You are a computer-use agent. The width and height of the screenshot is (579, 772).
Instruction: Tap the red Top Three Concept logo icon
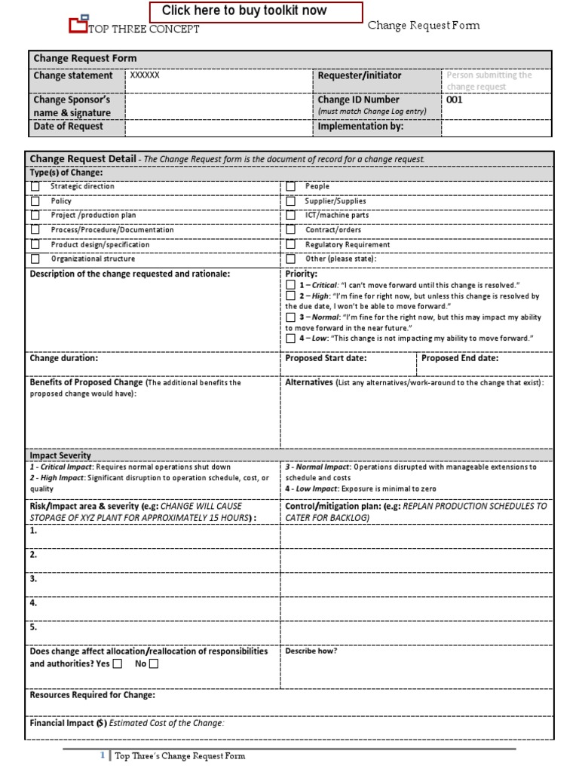78,25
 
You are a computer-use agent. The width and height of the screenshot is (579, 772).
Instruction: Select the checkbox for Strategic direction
35,186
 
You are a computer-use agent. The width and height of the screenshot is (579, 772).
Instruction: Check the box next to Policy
35,201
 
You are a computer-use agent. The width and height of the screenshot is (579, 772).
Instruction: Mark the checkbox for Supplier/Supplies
290,201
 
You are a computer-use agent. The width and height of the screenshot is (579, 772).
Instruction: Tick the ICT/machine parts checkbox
290,216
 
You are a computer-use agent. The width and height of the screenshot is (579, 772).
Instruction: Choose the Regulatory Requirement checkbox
290,244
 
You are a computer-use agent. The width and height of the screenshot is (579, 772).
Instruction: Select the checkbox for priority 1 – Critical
291,286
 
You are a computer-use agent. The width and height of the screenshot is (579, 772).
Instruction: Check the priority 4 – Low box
291,339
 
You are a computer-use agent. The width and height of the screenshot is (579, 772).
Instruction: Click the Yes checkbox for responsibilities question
117,664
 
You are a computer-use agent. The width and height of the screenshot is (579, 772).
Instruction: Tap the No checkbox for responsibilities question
154,664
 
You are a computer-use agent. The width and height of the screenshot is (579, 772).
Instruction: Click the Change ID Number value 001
455,100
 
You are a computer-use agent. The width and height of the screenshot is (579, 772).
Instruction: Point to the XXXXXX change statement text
145,75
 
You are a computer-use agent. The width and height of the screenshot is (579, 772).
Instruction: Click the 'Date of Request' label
69,127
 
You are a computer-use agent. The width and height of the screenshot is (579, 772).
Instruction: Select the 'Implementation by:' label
360,127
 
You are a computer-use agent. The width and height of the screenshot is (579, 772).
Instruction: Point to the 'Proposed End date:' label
459,358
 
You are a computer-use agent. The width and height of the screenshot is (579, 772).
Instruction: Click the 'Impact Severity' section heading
60,455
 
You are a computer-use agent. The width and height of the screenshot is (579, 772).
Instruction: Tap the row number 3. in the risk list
33,579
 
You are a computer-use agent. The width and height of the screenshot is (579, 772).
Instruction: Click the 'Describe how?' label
311,651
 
